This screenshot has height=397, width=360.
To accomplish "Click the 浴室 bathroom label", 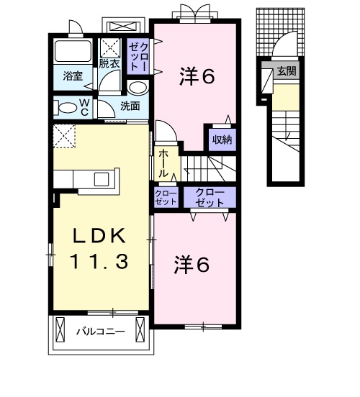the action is [73, 76].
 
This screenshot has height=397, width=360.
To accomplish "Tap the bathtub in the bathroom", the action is [73, 50].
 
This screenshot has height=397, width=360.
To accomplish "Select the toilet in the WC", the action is [66, 108].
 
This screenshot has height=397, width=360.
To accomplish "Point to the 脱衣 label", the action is [109, 63].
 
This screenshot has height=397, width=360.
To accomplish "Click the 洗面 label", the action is [130, 106].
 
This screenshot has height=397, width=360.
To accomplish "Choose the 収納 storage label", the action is [222, 140].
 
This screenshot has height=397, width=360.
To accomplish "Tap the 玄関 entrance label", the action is [287, 71].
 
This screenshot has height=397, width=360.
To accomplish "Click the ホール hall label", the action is [163, 163].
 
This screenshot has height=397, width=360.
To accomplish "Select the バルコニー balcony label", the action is [101, 332].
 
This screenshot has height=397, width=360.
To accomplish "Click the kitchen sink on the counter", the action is [102, 179].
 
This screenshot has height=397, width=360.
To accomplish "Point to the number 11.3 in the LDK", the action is [99, 262].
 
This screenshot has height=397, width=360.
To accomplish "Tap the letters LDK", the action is [99, 236].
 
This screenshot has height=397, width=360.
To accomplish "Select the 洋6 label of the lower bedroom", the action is [192, 265].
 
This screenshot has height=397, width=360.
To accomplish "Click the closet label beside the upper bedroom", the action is [138, 57].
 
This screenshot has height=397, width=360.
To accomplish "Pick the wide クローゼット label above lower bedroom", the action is [210, 198].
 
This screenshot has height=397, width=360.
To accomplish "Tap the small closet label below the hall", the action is [166, 198].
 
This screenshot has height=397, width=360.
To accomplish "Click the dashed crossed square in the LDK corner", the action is [64, 136].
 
